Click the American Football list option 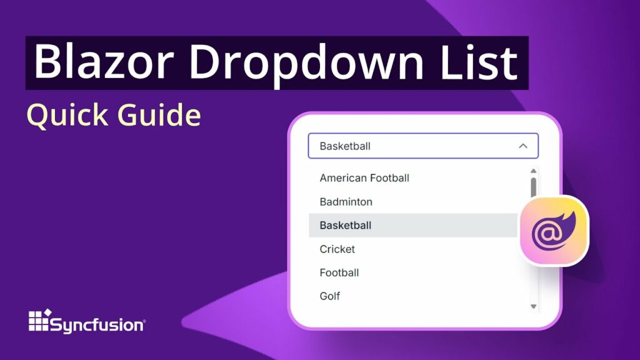tap(364, 178)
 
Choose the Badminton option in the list tap(346, 202)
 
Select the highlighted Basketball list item tap(346, 225)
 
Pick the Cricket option tap(337, 249)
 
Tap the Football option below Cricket tap(339, 272)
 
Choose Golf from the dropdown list tap(330, 296)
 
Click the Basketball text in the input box tap(345, 146)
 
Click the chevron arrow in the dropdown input tap(523, 146)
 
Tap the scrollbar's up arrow tap(533, 171)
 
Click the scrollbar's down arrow tap(533, 306)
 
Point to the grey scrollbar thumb tap(533, 187)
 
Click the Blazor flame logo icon tap(554, 230)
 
